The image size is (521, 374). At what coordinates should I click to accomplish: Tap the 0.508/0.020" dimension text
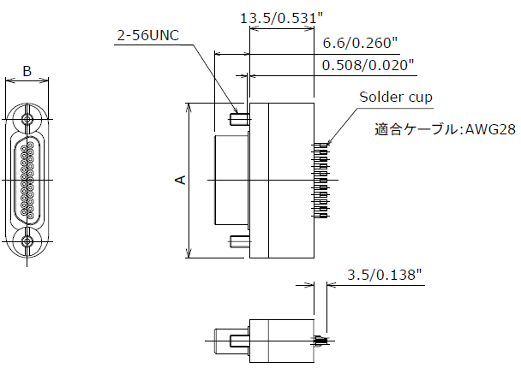point(368,64)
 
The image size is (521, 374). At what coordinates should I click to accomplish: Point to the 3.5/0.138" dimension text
point(386,275)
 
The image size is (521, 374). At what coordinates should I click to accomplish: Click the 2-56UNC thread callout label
point(149,36)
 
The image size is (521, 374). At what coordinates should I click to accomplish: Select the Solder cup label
point(396,97)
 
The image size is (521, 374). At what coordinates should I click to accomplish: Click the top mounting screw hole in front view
point(28,120)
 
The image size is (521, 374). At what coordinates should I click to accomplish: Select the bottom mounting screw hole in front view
point(28,242)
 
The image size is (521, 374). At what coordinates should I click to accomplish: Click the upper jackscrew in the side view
point(239,111)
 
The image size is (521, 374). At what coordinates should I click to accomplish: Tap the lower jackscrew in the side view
point(239,242)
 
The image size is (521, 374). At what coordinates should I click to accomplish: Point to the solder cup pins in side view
point(323,180)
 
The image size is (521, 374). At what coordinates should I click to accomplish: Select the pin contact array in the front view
point(28,181)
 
